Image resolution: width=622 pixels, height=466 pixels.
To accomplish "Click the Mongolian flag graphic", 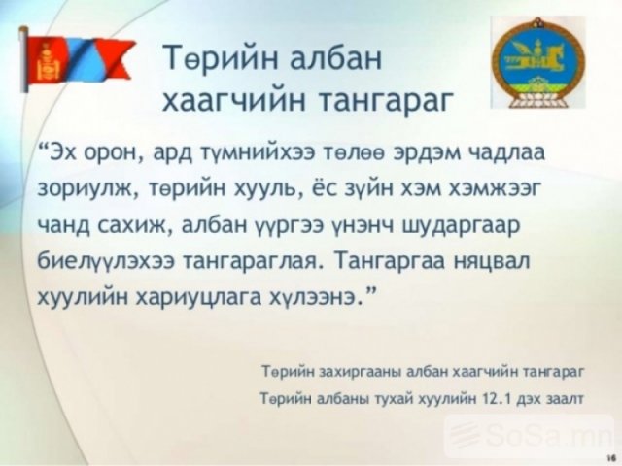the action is (x=78, y=58).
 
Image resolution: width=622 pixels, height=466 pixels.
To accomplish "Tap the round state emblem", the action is (x=537, y=62).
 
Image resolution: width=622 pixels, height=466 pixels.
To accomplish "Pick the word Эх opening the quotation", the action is (x=63, y=153).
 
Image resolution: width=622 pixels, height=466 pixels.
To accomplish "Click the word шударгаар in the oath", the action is (x=461, y=227).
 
